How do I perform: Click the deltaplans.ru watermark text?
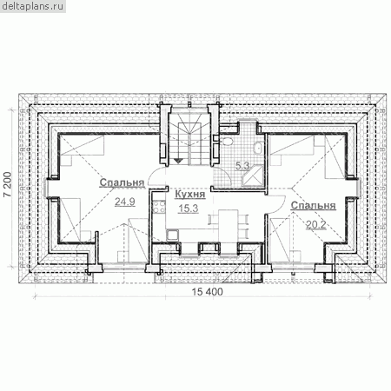pyautogui.click(x=32, y=6)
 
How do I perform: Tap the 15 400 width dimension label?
pyautogui.click(x=208, y=292)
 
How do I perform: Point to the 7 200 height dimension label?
pyautogui.click(x=8, y=185)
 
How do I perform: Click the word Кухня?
pyautogui.click(x=190, y=195)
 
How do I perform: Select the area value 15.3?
pyautogui.click(x=189, y=208)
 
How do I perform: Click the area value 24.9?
pyautogui.click(x=125, y=202)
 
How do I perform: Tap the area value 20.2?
pyautogui.click(x=316, y=225)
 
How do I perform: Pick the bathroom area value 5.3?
pyautogui.click(x=242, y=166)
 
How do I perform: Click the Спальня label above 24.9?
pyautogui.click(x=122, y=182)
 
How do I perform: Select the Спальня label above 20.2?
pyautogui.click(x=314, y=205)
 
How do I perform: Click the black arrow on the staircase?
pyautogui.click(x=179, y=160)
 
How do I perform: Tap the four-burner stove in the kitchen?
pyautogui.click(x=159, y=207)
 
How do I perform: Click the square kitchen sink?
pyautogui.click(x=172, y=235)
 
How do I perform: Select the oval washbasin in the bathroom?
pyautogui.click(x=257, y=147)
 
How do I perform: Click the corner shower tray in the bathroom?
pyautogui.click(x=254, y=176)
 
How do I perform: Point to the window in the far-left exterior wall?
pyautogui.click(x=46, y=188)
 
